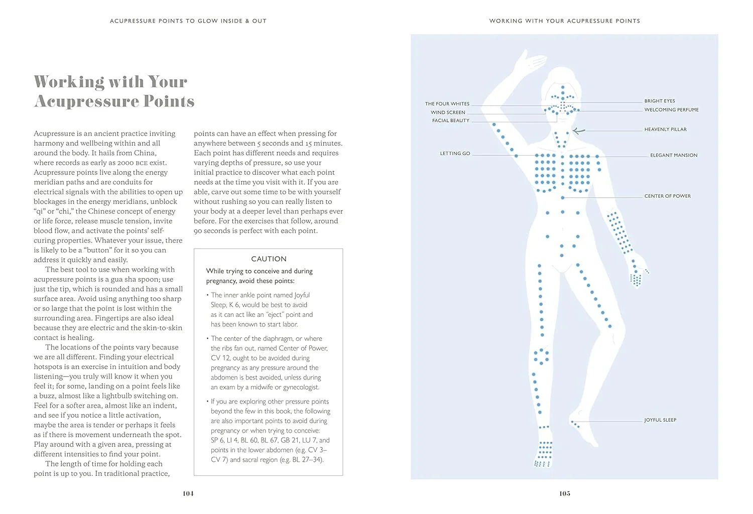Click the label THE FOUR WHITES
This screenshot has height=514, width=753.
[x=447, y=104]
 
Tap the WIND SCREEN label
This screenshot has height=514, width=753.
[x=448, y=112]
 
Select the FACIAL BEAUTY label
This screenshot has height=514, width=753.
[x=450, y=120]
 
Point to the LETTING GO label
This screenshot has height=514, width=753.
[x=455, y=154]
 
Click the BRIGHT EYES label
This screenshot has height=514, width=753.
[x=660, y=101]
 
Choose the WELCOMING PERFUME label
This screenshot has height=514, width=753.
[x=671, y=109]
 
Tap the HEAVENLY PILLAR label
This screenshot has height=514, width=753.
[x=665, y=130]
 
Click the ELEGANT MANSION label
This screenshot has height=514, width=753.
[x=674, y=155]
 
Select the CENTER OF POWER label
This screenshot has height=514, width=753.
[x=667, y=196]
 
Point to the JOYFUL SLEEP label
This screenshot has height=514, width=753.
[x=660, y=420]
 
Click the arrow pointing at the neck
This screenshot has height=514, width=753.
[x=579, y=131]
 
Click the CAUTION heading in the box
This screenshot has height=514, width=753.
[x=269, y=259]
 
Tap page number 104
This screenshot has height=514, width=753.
[x=188, y=493]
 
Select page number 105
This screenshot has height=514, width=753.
[x=564, y=493]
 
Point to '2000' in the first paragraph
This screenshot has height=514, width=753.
[x=125, y=163]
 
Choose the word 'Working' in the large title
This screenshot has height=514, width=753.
[x=69, y=81]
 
